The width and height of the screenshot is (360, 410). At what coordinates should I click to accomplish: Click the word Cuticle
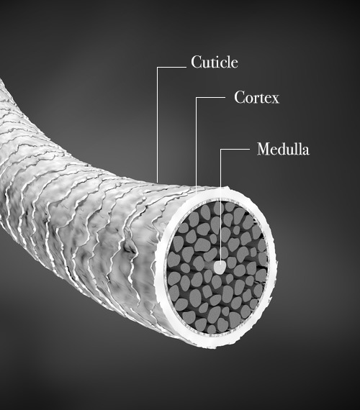[215, 62]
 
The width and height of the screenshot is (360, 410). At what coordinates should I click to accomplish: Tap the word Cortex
[256, 97]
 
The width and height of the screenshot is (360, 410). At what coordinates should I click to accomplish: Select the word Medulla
[283, 149]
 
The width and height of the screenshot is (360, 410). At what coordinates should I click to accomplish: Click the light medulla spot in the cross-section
[220, 268]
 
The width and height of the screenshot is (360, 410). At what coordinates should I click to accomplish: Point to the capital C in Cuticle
[197, 63]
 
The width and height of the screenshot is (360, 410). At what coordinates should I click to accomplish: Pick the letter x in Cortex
[275, 100]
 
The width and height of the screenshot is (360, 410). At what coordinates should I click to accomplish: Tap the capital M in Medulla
[264, 149]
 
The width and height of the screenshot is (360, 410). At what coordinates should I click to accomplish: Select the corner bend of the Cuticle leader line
[157, 67]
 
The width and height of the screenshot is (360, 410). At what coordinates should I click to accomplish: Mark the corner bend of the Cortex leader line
[196, 98]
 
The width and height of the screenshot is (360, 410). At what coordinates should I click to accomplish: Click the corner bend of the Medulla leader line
[220, 150]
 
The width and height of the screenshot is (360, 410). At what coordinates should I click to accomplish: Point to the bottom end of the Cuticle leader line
[157, 182]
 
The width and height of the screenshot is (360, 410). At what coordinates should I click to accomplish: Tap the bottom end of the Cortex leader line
[196, 193]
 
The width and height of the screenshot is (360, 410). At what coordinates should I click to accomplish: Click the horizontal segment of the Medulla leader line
[235, 150]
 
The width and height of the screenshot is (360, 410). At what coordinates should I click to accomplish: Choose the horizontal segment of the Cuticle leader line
[171, 67]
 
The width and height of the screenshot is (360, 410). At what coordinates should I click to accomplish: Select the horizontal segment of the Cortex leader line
[210, 98]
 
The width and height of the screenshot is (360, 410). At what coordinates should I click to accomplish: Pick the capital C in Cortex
[240, 98]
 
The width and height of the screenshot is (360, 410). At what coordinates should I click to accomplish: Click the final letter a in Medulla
[305, 151]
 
